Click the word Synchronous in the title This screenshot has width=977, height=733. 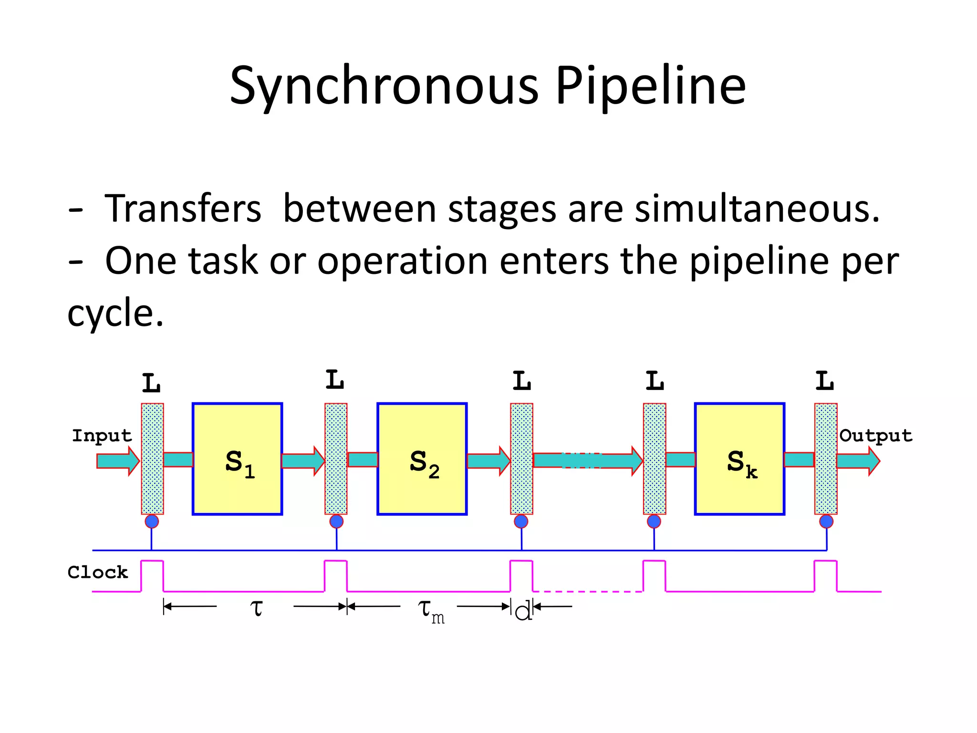click(384, 86)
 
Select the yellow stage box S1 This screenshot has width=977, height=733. click(237, 459)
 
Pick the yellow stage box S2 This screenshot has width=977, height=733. click(422, 459)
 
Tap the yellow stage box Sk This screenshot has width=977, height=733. click(739, 459)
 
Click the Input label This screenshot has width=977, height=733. click(102, 436)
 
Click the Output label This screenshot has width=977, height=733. click(875, 436)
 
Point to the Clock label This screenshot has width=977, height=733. click(98, 572)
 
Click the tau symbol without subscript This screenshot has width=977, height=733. click(256, 607)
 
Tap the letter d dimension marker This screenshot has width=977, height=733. click(523, 611)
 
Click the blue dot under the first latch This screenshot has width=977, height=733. click(152, 521)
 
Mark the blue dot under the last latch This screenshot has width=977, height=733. click(826, 521)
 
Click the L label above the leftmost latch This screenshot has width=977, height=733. click(152, 383)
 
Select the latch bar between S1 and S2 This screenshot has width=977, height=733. click(336, 458)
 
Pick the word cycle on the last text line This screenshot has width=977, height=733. click(114, 314)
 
